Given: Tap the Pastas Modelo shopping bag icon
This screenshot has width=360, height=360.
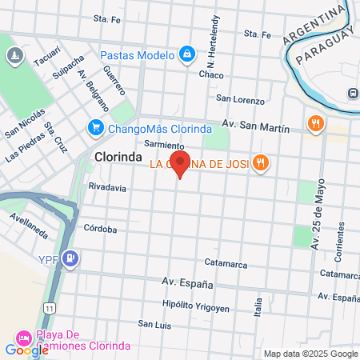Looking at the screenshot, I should (x=186, y=54).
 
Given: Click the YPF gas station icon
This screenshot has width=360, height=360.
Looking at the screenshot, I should (x=71, y=258).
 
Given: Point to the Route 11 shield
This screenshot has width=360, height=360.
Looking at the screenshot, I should (x=50, y=307).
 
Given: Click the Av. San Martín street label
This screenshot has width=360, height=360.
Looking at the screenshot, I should (x=254, y=123).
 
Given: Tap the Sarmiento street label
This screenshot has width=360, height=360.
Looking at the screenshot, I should (x=166, y=146).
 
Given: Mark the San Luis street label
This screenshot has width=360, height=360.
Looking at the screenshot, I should (x=154, y=324).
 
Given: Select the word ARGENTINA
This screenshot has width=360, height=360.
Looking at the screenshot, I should (x=317, y=26).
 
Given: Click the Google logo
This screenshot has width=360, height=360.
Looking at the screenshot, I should (x=26, y=349).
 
